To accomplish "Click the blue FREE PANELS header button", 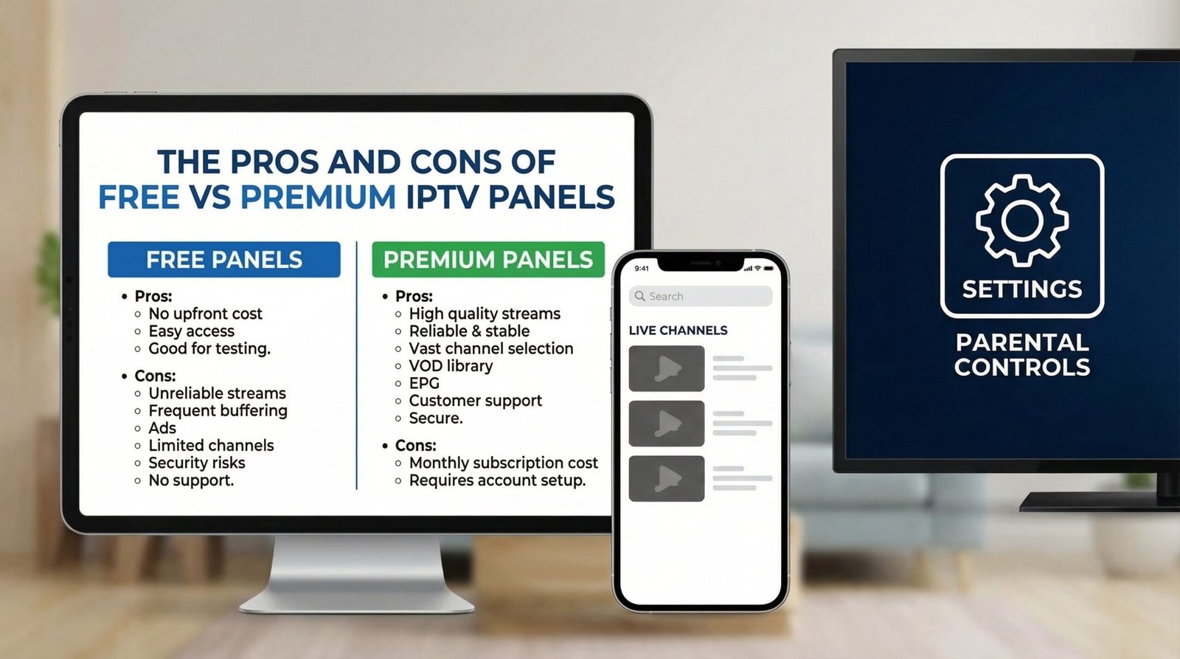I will click(224, 260).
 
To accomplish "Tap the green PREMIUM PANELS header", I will click(487, 260).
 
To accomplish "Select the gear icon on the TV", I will click(1021, 220).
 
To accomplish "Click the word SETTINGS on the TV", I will click(1021, 289).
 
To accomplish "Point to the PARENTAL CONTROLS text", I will click(1021, 355).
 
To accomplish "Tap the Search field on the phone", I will click(701, 296).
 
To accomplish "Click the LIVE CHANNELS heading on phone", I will click(678, 331).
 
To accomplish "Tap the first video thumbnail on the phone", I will click(666, 368).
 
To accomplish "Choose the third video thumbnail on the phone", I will click(666, 478).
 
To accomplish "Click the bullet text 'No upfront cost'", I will click(205, 314).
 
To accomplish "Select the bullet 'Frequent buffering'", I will click(218, 410).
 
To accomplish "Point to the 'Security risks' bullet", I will click(197, 463).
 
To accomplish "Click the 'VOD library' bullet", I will click(451, 366).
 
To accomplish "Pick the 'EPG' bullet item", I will click(424, 383).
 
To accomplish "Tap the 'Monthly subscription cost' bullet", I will click(503, 463).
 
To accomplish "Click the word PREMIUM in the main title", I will click(318, 197).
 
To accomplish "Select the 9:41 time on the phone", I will click(642, 268).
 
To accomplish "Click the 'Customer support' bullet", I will click(475, 401).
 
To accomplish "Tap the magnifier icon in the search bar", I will click(639, 296).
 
